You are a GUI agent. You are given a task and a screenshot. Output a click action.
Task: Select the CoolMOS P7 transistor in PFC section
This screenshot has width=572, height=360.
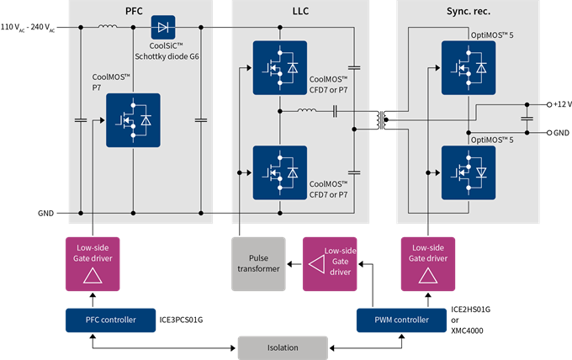click(134, 120)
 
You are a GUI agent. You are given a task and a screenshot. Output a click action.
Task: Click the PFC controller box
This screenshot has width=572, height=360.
click(112, 320)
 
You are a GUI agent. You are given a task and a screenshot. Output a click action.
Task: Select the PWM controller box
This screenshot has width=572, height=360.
click(400, 320)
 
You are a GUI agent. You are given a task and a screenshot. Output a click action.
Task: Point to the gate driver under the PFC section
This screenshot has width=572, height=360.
click(93, 264)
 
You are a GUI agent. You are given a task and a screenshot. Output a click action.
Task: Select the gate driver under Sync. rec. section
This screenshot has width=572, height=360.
click(428, 264)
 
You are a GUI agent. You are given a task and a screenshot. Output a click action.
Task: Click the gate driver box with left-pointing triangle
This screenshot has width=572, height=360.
click(331, 264)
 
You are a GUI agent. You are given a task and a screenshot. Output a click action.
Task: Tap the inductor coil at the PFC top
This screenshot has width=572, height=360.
click(108, 27)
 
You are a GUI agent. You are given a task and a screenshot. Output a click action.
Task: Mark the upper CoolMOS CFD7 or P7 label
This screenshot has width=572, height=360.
click(329, 83)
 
